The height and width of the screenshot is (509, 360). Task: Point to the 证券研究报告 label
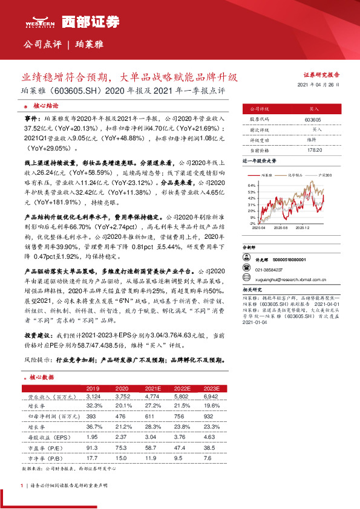tap(321, 74)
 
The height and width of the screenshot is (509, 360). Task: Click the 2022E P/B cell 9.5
tap(180, 458)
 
